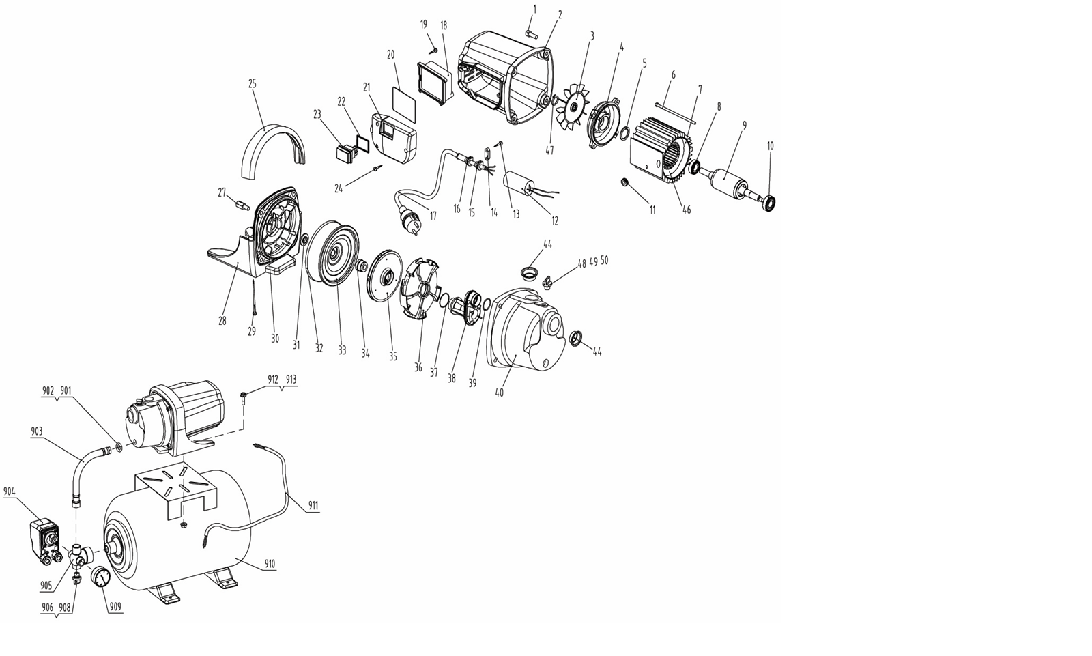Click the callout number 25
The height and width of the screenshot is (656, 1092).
click(x=252, y=84)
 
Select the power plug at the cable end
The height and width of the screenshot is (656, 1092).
click(x=409, y=225)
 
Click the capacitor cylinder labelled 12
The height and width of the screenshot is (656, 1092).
click(x=520, y=187)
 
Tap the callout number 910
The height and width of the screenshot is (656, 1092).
click(x=269, y=564)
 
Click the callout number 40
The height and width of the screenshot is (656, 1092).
click(x=499, y=392)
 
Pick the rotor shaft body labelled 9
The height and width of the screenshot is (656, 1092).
click(x=728, y=183)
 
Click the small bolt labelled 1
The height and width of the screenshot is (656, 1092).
click(x=530, y=33)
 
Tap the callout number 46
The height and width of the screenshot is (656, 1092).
click(x=687, y=210)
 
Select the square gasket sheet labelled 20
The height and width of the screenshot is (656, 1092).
click(x=404, y=104)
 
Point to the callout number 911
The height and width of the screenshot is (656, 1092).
click(x=313, y=506)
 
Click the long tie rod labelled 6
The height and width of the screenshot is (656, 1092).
click(x=676, y=113)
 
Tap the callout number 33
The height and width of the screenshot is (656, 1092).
click(x=342, y=350)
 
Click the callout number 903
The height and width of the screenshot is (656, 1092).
click(x=37, y=431)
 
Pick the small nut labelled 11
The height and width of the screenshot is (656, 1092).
click(x=623, y=182)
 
